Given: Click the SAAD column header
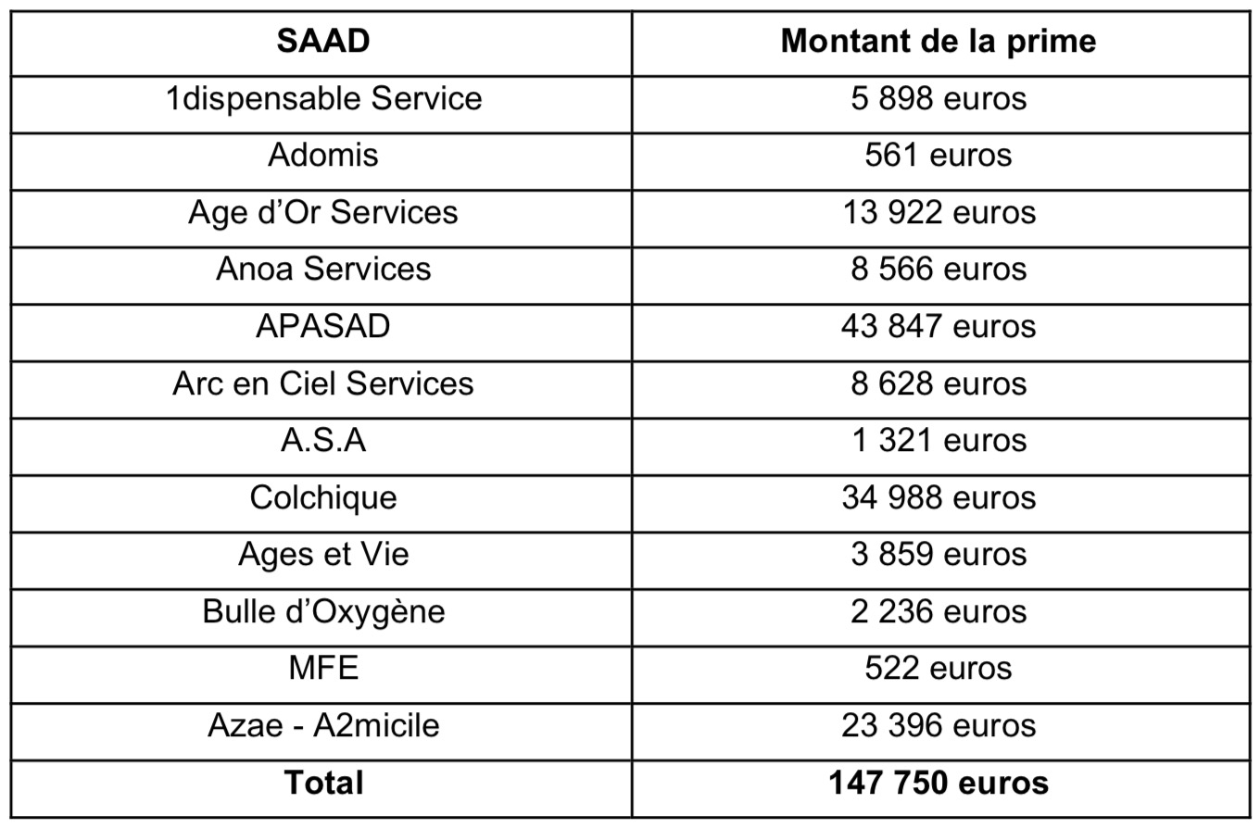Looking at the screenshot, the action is (322, 41).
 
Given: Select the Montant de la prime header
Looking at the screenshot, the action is (939, 42).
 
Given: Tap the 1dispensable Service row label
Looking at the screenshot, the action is (323, 99).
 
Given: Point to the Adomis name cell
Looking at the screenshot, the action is (322, 156).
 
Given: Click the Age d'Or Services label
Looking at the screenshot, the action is (322, 213).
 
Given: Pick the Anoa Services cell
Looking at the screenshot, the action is (322, 269).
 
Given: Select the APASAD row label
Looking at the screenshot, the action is (322, 326).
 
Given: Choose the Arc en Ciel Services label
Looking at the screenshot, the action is (322, 383).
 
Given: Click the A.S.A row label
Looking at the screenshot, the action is (322, 441).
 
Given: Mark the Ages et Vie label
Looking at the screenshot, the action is (322, 556).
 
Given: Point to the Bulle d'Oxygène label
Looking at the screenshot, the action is (323, 612).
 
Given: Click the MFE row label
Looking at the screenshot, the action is (322, 669).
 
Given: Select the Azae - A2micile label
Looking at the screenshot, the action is (322, 725).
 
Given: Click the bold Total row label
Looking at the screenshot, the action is (323, 783).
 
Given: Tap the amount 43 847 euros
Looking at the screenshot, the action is (939, 326).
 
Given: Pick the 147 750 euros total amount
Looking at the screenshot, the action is (939, 783).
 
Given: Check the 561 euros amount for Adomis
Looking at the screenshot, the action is (939, 156).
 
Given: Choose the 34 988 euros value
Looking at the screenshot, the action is (939, 497).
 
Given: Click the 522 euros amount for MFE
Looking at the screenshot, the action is (939, 669).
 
